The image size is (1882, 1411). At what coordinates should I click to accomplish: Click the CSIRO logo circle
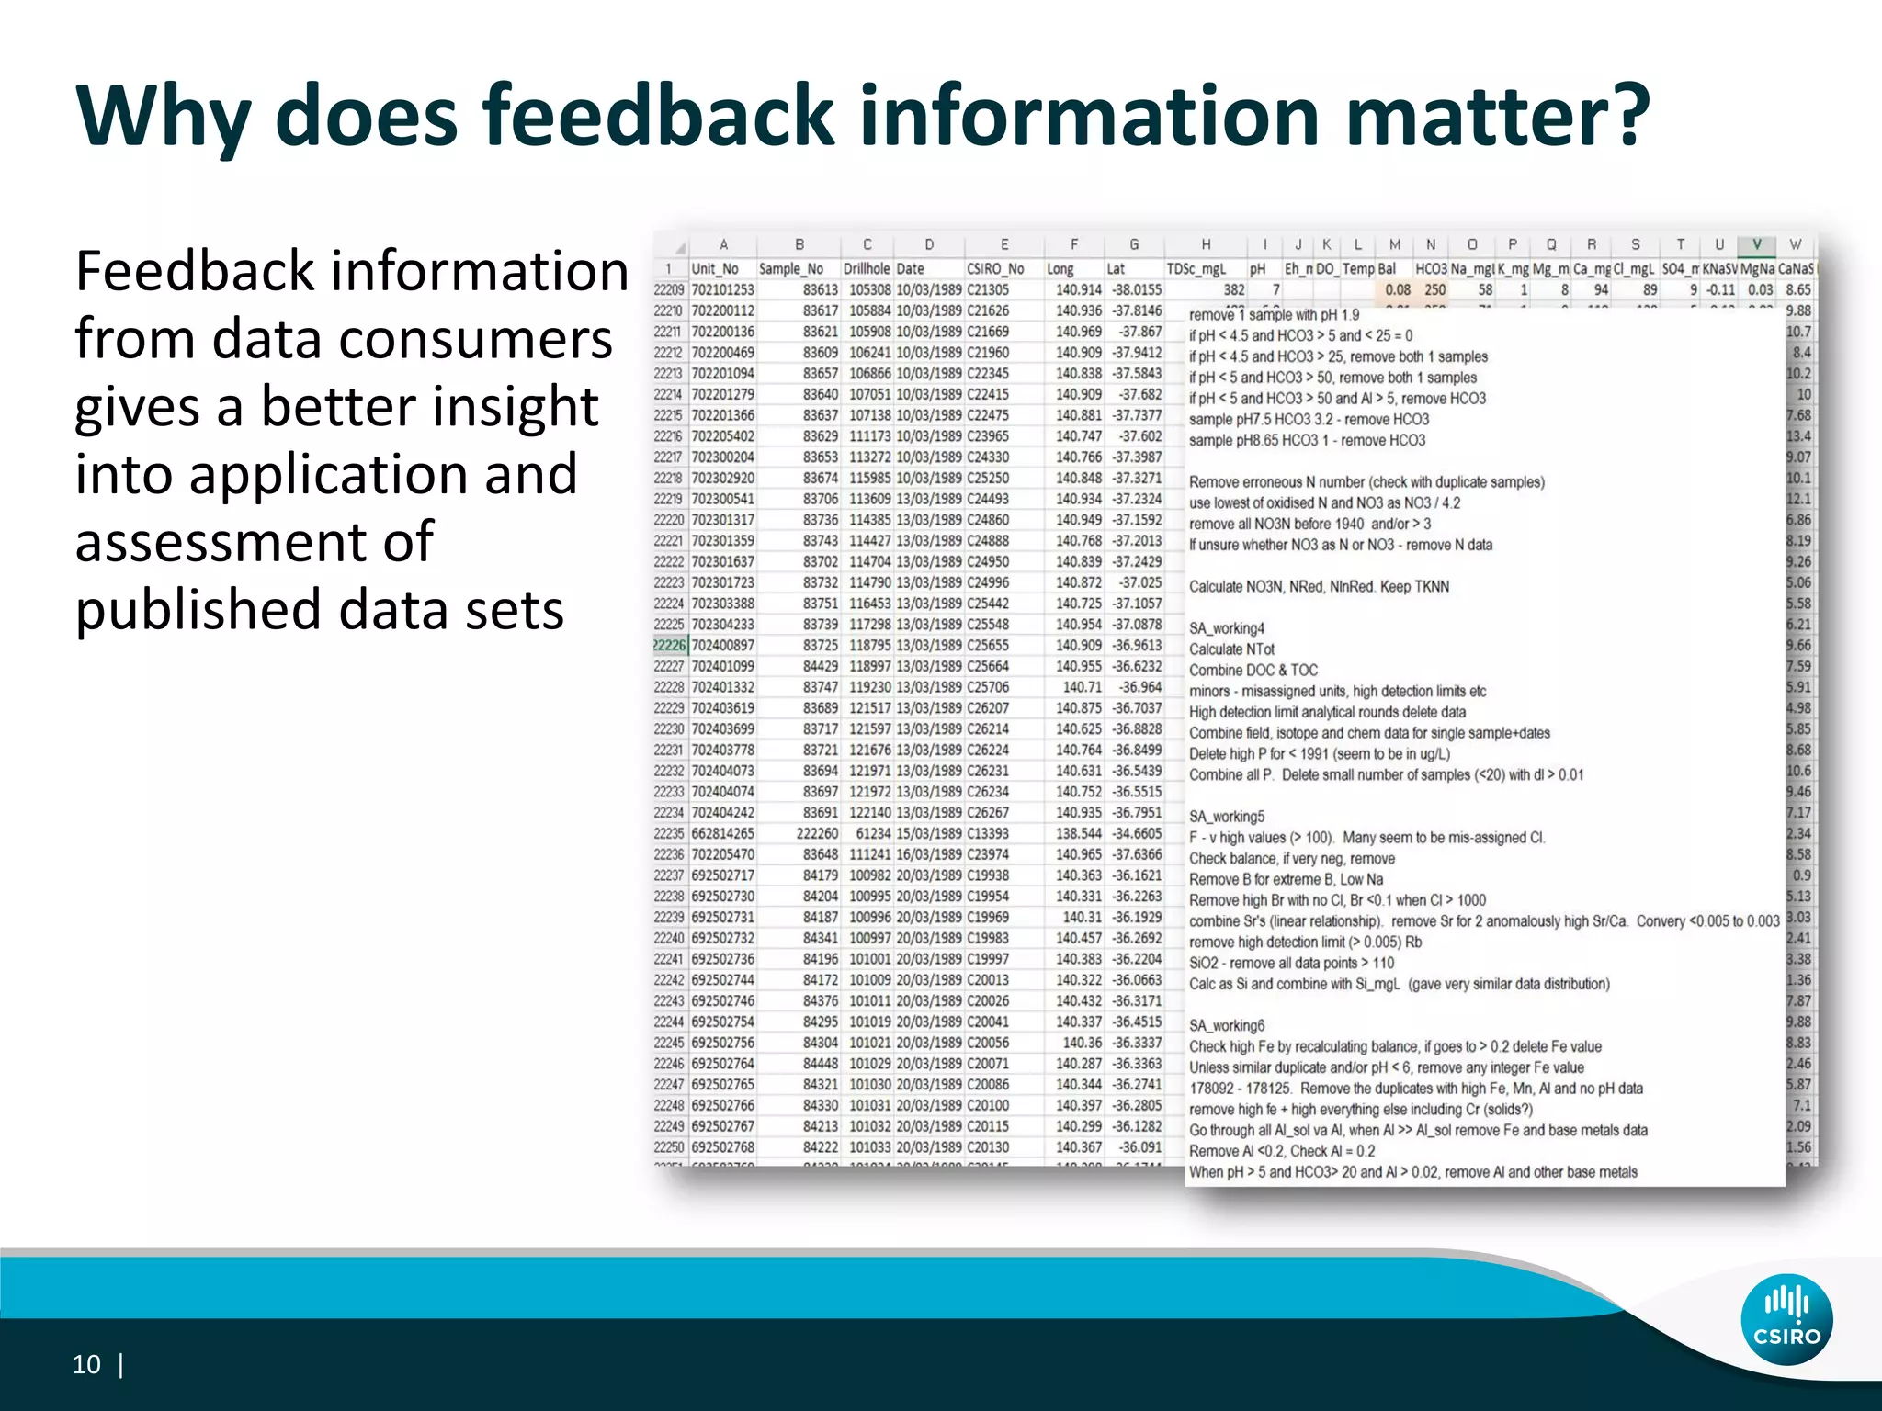click(1786, 1320)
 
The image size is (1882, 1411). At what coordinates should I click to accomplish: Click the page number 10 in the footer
click(86, 1364)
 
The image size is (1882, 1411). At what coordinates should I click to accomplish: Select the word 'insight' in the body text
click(516, 406)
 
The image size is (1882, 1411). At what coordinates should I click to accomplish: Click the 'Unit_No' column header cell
click(715, 269)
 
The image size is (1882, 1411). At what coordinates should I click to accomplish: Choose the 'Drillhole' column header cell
click(867, 269)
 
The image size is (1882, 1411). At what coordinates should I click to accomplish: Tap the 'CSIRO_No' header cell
click(995, 269)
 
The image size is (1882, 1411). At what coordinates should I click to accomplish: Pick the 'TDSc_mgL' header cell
click(1196, 269)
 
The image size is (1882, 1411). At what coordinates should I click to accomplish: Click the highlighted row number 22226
click(669, 645)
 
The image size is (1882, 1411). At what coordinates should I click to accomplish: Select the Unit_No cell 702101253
click(722, 290)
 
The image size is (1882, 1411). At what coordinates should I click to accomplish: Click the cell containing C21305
click(988, 290)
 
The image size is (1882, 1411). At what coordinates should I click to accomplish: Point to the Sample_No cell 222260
click(817, 833)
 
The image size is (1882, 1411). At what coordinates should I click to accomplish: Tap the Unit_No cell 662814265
click(722, 833)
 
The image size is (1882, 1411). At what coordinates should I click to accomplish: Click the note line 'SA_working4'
click(1227, 628)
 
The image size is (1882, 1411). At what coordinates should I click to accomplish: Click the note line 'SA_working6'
click(1227, 1025)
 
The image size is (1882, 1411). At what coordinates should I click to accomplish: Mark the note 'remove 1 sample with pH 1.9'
click(1274, 315)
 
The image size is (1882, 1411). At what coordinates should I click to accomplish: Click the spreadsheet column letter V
click(1756, 244)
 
